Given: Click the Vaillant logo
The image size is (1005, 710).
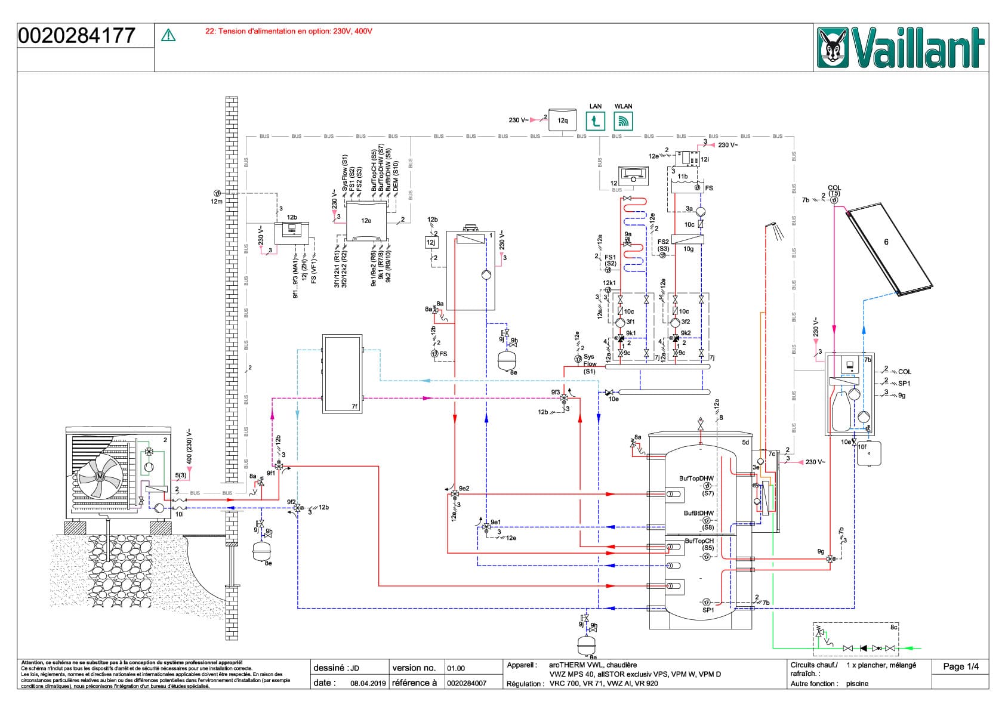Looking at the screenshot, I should [901, 48].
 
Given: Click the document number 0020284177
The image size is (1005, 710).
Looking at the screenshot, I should [77, 36].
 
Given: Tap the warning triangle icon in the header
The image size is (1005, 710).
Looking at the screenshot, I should [168, 36].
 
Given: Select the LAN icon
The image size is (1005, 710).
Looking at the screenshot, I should [595, 122].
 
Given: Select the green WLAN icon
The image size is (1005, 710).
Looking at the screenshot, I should [623, 122].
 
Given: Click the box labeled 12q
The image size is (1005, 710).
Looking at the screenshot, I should [562, 120].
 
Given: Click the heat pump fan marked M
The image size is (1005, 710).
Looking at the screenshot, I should [100, 476].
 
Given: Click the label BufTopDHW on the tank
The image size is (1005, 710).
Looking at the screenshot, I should [696, 479].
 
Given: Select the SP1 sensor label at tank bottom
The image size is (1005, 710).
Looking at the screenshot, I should [708, 610].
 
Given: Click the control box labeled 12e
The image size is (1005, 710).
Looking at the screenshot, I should [365, 221].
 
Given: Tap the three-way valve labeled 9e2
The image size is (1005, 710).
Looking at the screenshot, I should [455, 494].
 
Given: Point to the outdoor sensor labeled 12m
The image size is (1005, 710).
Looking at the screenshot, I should [217, 193].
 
